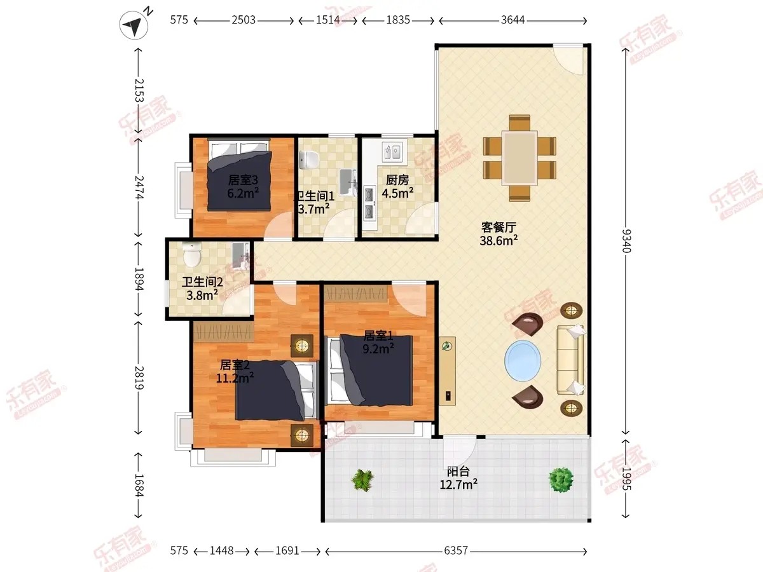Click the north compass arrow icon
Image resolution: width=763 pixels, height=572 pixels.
pyautogui.click(x=134, y=25)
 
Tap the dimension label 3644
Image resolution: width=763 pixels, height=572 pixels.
pyautogui.click(x=512, y=20)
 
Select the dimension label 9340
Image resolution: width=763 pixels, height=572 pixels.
pyautogui.click(x=626, y=241)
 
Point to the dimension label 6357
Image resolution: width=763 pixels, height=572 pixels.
pyautogui.click(x=456, y=550)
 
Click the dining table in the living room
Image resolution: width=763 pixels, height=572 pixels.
pyautogui.click(x=519, y=158)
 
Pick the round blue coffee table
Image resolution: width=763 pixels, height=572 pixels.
pyautogui.click(x=523, y=361)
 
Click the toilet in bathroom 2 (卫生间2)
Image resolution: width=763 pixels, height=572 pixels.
pyautogui.click(x=191, y=254)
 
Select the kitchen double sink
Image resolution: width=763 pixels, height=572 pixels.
pyautogui.click(x=392, y=151)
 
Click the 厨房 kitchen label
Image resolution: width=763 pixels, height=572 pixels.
pyautogui.click(x=397, y=180)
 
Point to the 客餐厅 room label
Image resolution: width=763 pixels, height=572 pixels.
pyautogui.click(x=498, y=228)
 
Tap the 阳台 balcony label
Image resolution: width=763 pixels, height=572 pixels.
pyautogui.click(x=458, y=472)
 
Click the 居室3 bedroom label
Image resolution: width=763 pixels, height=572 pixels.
pyautogui.click(x=243, y=180)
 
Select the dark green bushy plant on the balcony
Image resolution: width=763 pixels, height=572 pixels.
pyautogui.click(x=561, y=480)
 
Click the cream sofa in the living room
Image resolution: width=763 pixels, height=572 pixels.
pyautogui.click(x=570, y=360)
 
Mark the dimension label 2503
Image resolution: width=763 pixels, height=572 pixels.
pyautogui.click(x=244, y=20)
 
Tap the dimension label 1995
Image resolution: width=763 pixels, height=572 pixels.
pyautogui.click(x=626, y=479)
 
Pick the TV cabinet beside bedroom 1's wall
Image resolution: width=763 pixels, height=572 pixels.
pyautogui.click(x=447, y=371)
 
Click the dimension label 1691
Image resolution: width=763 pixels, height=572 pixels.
pyautogui.click(x=287, y=550)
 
